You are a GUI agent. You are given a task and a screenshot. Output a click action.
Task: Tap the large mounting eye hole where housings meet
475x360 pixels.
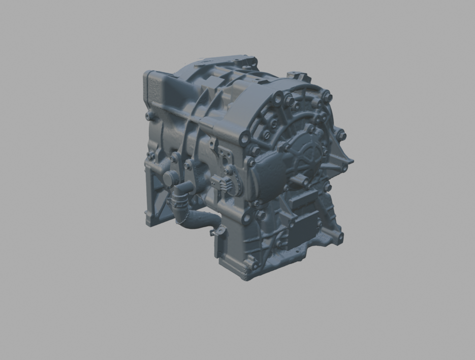point(246,137)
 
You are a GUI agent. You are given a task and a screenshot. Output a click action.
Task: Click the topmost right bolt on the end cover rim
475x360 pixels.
point(328,95)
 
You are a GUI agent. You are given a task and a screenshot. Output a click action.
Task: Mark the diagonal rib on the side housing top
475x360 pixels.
point(203,102)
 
